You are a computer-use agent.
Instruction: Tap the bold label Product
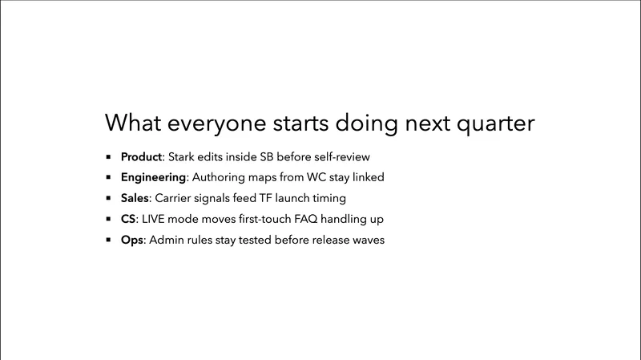coord(142,156)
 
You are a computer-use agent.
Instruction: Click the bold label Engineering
coord(154,176)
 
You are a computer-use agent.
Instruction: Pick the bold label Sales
coord(135,197)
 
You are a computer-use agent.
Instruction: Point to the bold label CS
coord(129,218)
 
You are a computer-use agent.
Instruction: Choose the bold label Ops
coord(132,239)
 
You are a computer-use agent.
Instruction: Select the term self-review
coord(342,156)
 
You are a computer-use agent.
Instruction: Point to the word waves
coord(368,239)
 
